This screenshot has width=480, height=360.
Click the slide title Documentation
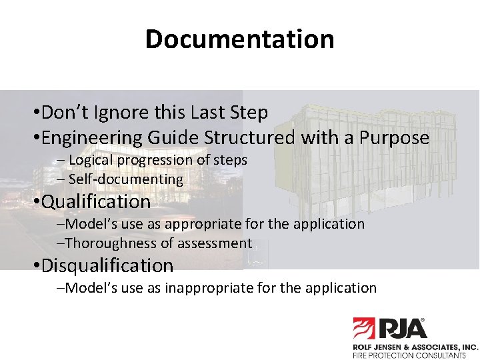pos(239,39)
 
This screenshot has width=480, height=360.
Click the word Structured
pos(249,138)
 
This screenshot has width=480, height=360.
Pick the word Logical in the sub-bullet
pos(92,160)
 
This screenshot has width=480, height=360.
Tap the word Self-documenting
pos(126,179)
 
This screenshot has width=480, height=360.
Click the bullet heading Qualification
pos(96,201)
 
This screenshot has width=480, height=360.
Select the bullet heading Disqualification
pos(107,266)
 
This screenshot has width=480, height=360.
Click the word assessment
pos(215,243)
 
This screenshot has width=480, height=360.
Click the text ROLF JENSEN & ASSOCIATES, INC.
pos(415,347)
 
